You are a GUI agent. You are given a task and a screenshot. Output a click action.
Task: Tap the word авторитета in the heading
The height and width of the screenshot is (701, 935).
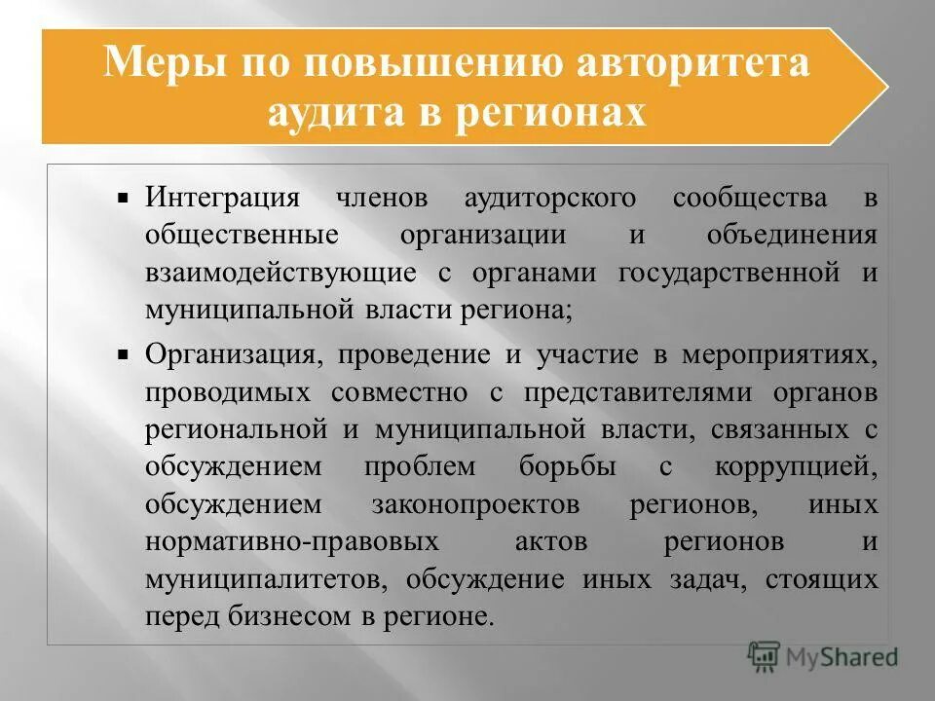pyautogui.click(x=694, y=63)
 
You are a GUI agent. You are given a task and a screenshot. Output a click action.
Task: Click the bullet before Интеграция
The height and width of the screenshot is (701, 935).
pyautogui.click(x=124, y=198)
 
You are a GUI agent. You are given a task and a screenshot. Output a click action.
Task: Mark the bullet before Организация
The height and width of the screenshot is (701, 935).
pyautogui.click(x=124, y=356)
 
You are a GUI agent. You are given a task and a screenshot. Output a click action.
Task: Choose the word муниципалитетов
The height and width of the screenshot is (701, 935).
pyautogui.click(x=261, y=578)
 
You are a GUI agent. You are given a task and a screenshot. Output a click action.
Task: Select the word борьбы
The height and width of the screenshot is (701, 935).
pyautogui.click(x=568, y=466)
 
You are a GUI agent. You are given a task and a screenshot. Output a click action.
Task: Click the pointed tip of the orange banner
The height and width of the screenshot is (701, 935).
pyautogui.click(x=886, y=87)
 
